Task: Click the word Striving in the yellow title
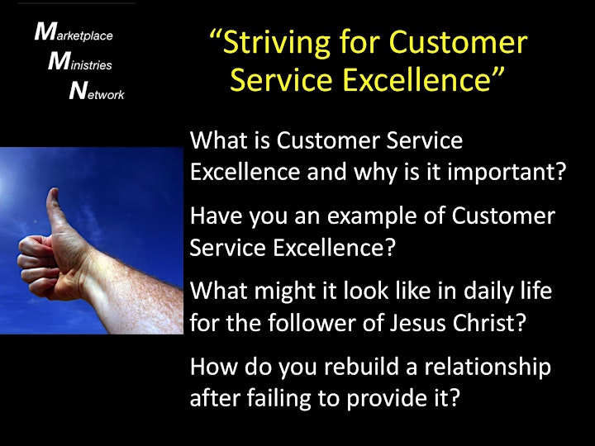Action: coord(276,42)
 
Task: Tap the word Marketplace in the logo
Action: coord(74,32)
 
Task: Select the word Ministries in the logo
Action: coord(79,61)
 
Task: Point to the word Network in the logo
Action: coord(97,90)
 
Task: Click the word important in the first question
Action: coord(507,173)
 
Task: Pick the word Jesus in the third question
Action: coord(417,323)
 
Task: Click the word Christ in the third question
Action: coord(489,323)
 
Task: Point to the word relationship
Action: coord(488,367)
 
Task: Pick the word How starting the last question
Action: coord(214,367)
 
